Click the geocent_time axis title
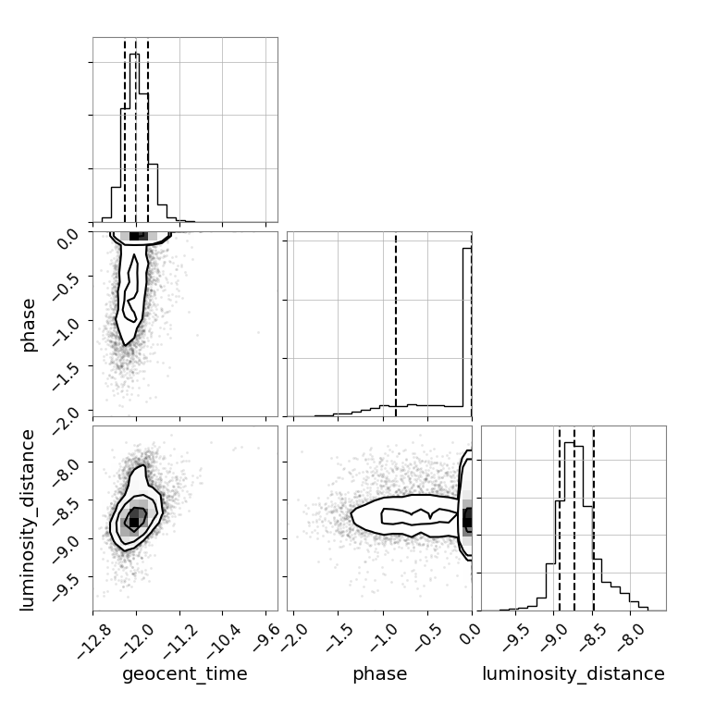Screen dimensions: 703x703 tap(185, 673)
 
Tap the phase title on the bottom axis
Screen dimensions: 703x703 tap(380, 674)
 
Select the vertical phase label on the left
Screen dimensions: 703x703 tap(28, 325)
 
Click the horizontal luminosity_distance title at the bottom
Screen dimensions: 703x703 tap(573, 673)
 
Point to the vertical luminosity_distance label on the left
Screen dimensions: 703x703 tap(28, 520)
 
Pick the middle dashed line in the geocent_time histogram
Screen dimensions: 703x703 tap(135, 130)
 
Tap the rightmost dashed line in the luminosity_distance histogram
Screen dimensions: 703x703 tap(594, 518)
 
